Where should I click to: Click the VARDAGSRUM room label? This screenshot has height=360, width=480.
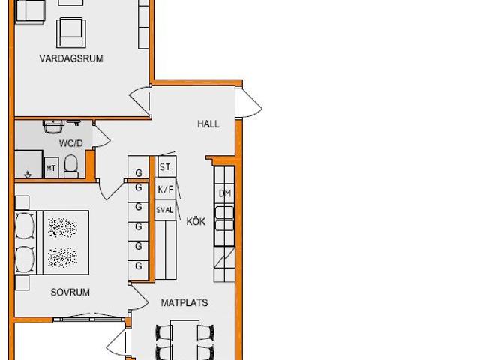71,58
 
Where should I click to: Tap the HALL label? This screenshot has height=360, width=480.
208,124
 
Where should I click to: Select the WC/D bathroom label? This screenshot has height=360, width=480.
70,143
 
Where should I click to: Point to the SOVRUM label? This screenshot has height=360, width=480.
70,292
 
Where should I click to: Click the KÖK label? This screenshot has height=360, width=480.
196,221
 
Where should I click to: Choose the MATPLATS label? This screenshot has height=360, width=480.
184,302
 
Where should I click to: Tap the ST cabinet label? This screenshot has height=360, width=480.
165,167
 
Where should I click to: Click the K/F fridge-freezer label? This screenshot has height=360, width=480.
165,190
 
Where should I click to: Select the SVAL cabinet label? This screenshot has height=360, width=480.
165,210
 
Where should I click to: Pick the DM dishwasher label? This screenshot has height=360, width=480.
225,193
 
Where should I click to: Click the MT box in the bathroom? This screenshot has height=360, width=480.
51,168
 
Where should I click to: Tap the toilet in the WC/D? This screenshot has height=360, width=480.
71,166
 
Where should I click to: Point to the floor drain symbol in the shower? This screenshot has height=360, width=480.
28,175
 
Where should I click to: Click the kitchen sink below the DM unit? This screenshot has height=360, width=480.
225,218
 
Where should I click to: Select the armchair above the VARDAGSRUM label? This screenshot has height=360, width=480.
71,33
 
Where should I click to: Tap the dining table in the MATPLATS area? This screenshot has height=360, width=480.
185,340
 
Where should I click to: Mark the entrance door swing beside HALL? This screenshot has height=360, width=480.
248,103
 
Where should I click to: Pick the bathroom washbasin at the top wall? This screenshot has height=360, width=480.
54,127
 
